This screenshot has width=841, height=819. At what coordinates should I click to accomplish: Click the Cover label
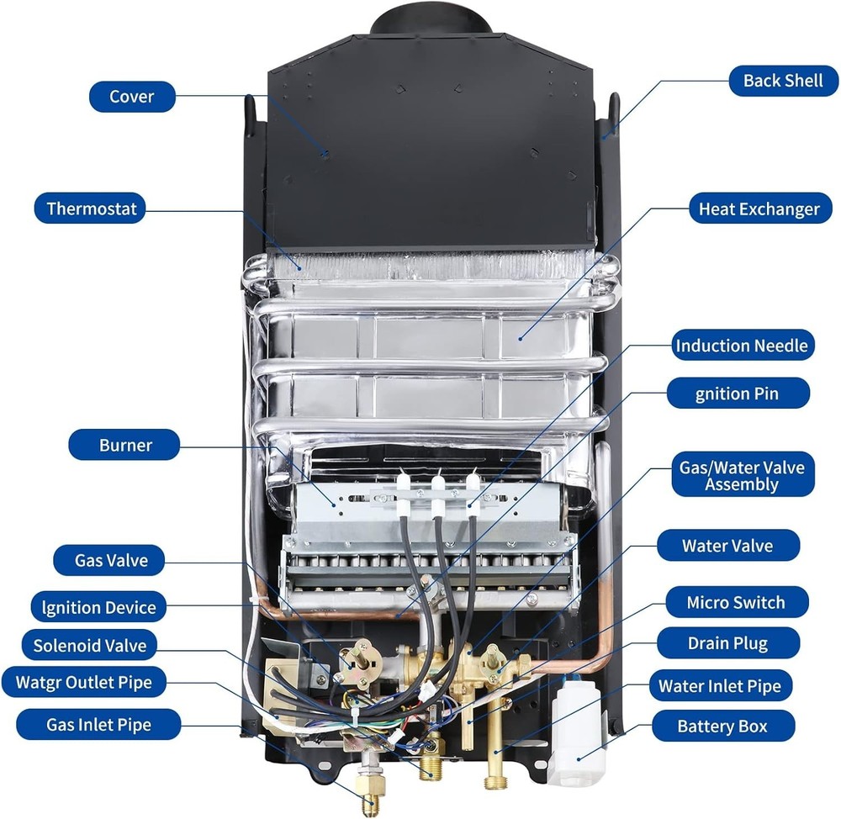pos(132,96)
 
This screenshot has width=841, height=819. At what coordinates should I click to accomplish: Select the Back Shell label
pos(783,82)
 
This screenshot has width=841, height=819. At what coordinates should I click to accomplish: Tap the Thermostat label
pos(91,208)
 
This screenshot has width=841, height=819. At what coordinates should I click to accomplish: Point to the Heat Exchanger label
pos(759,209)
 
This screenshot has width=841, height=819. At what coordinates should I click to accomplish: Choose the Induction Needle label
pos(742,346)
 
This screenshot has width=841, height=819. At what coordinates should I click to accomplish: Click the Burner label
pos(125,445)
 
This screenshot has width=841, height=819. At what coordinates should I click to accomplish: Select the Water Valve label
pos(727,546)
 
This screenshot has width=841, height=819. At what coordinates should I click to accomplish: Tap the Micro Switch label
pos(735,602)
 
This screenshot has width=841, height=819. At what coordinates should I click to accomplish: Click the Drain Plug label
pos(727,644)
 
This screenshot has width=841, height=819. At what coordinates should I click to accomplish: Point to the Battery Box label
pos(722,726)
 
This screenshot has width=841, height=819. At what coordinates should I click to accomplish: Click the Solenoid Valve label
pos(89,646)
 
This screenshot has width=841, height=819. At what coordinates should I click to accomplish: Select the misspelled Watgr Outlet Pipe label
pos(84,682)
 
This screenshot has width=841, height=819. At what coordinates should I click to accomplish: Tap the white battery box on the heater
pos(577,731)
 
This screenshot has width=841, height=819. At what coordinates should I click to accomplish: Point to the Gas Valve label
pos(111,560)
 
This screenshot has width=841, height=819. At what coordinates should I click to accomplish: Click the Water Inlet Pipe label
pos(719,685)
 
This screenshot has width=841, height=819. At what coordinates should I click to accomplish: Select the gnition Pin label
pos(737,393)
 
